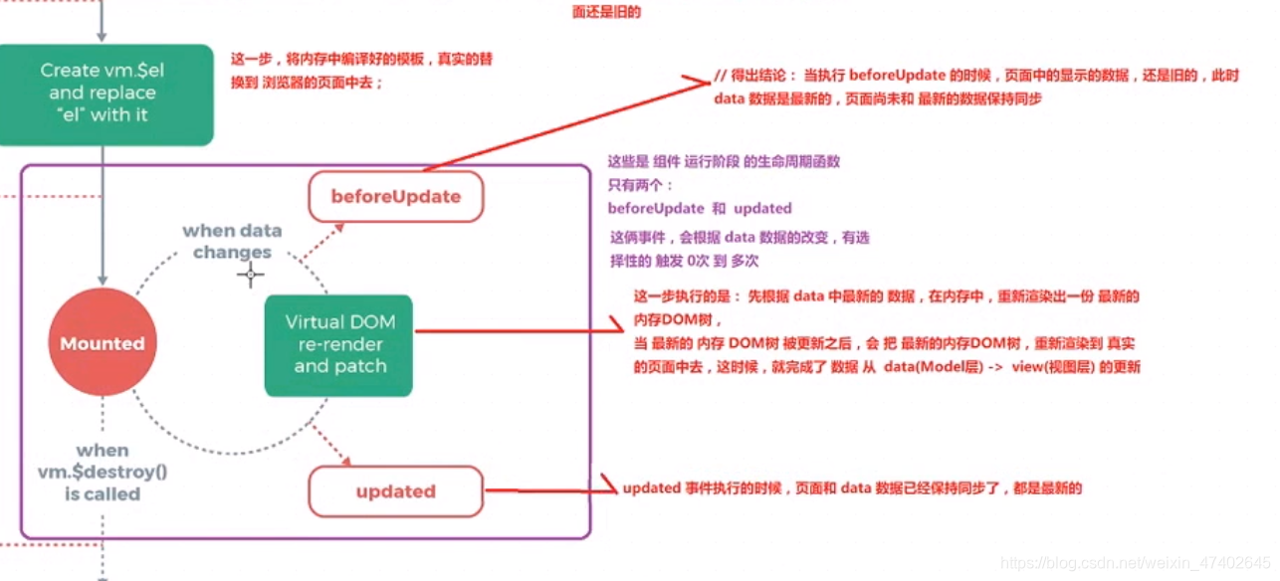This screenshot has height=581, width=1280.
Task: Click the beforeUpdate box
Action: point(395,197)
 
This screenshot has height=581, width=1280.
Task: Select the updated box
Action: point(395,491)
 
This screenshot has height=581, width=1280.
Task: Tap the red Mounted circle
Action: point(103,343)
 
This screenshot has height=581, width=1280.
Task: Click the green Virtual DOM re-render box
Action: point(338,344)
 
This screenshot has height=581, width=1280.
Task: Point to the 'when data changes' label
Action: point(232,241)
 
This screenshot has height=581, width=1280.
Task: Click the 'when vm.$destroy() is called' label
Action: point(103,472)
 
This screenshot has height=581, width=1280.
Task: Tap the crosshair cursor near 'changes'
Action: point(250,275)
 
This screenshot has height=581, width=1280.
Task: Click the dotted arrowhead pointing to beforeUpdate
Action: point(339,228)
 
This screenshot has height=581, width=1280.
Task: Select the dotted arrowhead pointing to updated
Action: point(345,461)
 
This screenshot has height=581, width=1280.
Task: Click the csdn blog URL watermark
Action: point(1135,563)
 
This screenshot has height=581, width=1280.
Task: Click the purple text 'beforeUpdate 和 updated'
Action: point(700,208)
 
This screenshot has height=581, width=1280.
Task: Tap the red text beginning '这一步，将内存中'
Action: point(361,59)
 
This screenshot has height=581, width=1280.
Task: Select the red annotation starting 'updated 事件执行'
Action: point(851,488)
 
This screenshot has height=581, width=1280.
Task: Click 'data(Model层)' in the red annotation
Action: point(930,367)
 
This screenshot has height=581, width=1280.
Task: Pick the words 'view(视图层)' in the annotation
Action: point(1050,367)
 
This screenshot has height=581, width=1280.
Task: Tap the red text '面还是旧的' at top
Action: point(606,13)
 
